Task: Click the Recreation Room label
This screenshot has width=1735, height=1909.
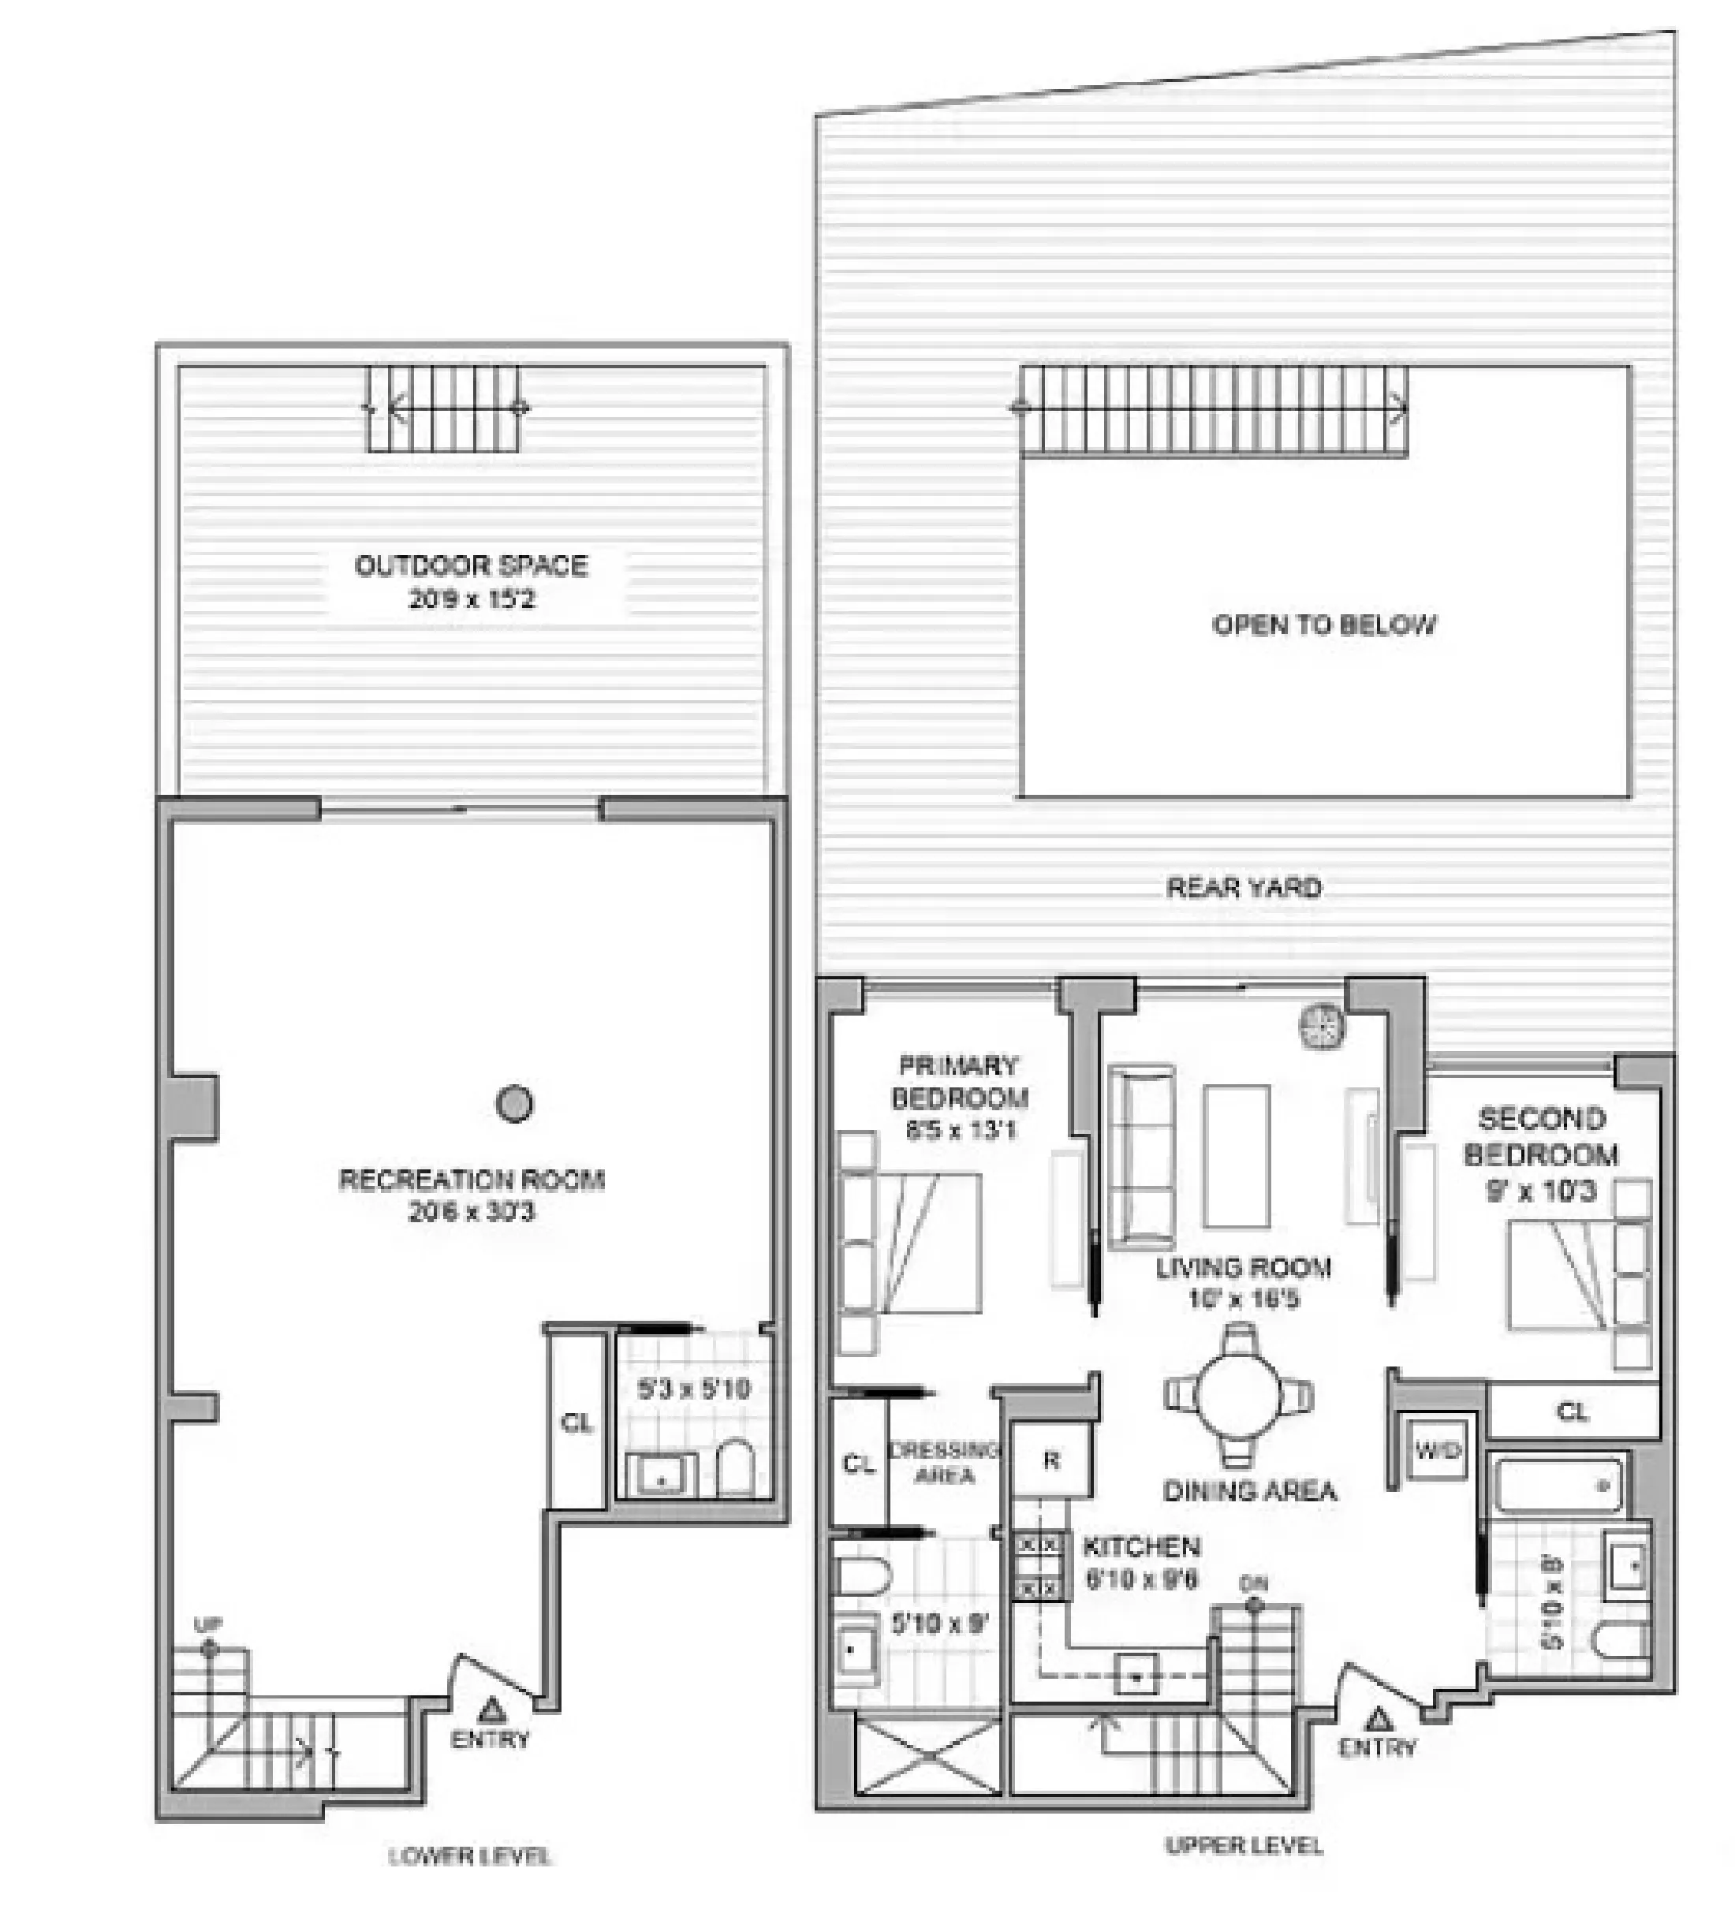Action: [x=471, y=1179]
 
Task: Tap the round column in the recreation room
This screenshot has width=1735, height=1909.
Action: [x=513, y=1103]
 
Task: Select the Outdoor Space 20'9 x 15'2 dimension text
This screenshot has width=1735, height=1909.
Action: [x=471, y=598]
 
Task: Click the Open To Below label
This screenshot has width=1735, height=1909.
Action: [x=1323, y=625]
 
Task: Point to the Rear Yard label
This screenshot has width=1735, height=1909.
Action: [x=1244, y=887]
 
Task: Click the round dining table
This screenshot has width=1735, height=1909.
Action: [x=1239, y=1395]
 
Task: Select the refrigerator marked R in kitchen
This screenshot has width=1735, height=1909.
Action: [x=1051, y=1461]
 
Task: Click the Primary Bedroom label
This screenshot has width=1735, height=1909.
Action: [x=958, y=1081]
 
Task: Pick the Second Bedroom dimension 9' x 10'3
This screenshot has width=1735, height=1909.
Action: [x=1541, y=1191]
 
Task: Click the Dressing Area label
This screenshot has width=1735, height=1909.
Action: [x=944, y=1462]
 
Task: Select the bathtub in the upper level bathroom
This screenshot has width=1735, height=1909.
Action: [x=1558, y=1486]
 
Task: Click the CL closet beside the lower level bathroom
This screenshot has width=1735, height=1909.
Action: [x=576, y=1423]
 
